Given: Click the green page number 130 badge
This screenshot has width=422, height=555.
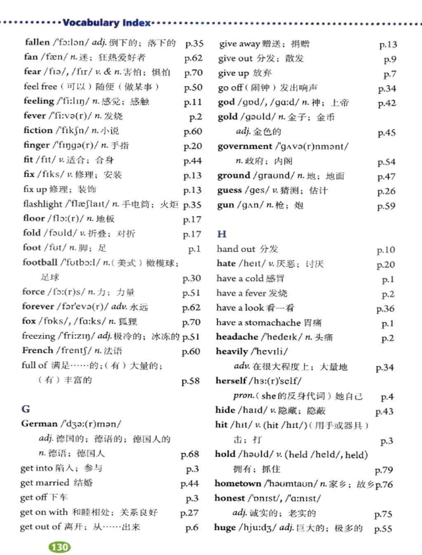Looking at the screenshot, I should tap(60, 547).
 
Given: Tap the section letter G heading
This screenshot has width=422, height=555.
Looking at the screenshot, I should tap(26, 409).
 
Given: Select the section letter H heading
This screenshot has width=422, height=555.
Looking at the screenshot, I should tap(222, 234).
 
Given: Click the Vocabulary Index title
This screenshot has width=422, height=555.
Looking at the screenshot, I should tap(106, 23).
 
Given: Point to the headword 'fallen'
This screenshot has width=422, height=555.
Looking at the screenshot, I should tap(37, 42).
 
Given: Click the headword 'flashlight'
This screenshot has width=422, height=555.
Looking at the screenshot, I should tap(42, 204).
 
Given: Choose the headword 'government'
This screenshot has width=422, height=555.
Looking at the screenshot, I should tap(245, 146).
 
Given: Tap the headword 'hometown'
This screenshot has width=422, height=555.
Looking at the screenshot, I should tap(238, 483).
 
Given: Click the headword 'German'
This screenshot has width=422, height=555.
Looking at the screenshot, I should tap(39, 424).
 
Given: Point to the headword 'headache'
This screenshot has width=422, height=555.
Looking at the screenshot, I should tap(237, 337).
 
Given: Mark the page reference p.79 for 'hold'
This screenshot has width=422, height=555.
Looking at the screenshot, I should tap(384, 470).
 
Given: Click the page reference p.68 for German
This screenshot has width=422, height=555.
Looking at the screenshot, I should tap(190, 454).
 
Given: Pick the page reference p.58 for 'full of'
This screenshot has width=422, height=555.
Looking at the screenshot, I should tap(190, 381).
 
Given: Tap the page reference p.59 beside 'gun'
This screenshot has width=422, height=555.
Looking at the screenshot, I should tap(386, 206).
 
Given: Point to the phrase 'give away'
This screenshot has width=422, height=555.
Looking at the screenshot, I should tap(239, 44).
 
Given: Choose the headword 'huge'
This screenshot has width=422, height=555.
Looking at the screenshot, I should tap(225, 527).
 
